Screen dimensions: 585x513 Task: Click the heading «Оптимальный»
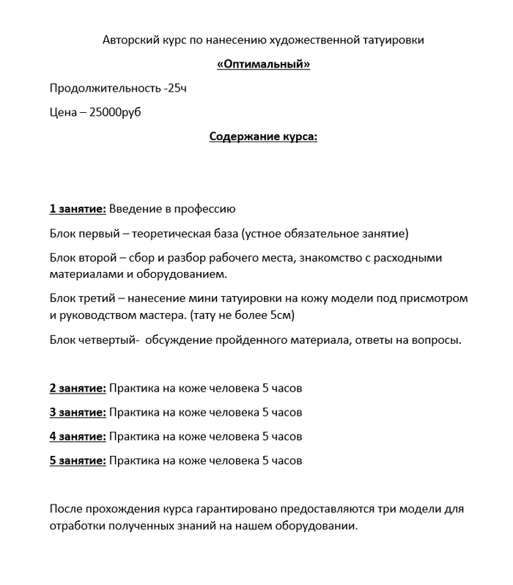tap(264, 65)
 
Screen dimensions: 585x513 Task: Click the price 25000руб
tap(115, 114)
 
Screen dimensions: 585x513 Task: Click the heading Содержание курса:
tap(264, 137)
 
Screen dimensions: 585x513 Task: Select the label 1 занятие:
tap(78, 210)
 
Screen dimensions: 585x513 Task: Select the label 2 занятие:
tap(78, 388)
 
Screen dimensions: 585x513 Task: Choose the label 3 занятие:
tap(78, 412)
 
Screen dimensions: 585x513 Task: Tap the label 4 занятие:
tap(78, 436)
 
